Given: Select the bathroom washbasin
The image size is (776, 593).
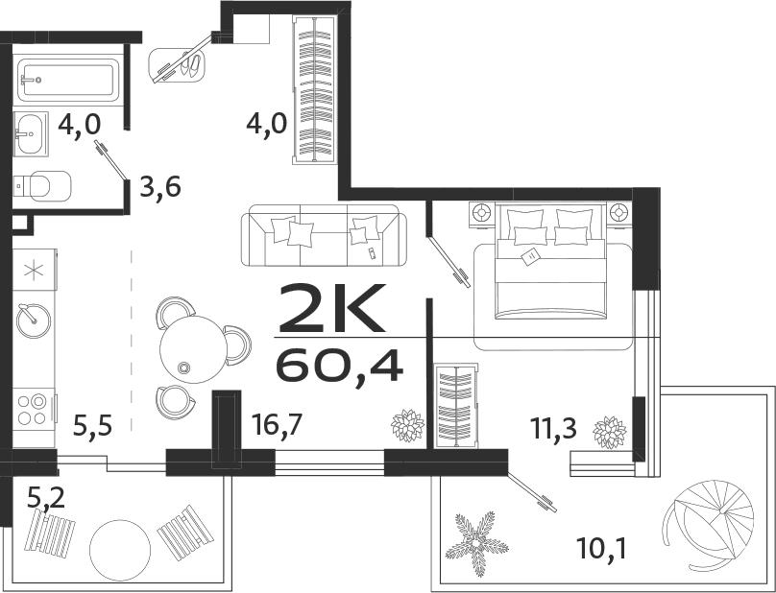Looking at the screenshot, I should pyautogui.click(x=31, y=132).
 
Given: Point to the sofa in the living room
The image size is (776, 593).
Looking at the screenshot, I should pyautogui.click(x=324, y=235).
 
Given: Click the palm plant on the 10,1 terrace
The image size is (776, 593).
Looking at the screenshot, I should pyautogui.click(x=476, y=540).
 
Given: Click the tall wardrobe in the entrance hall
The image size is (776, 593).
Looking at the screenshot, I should pyautogui.click(x=313, y=92).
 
